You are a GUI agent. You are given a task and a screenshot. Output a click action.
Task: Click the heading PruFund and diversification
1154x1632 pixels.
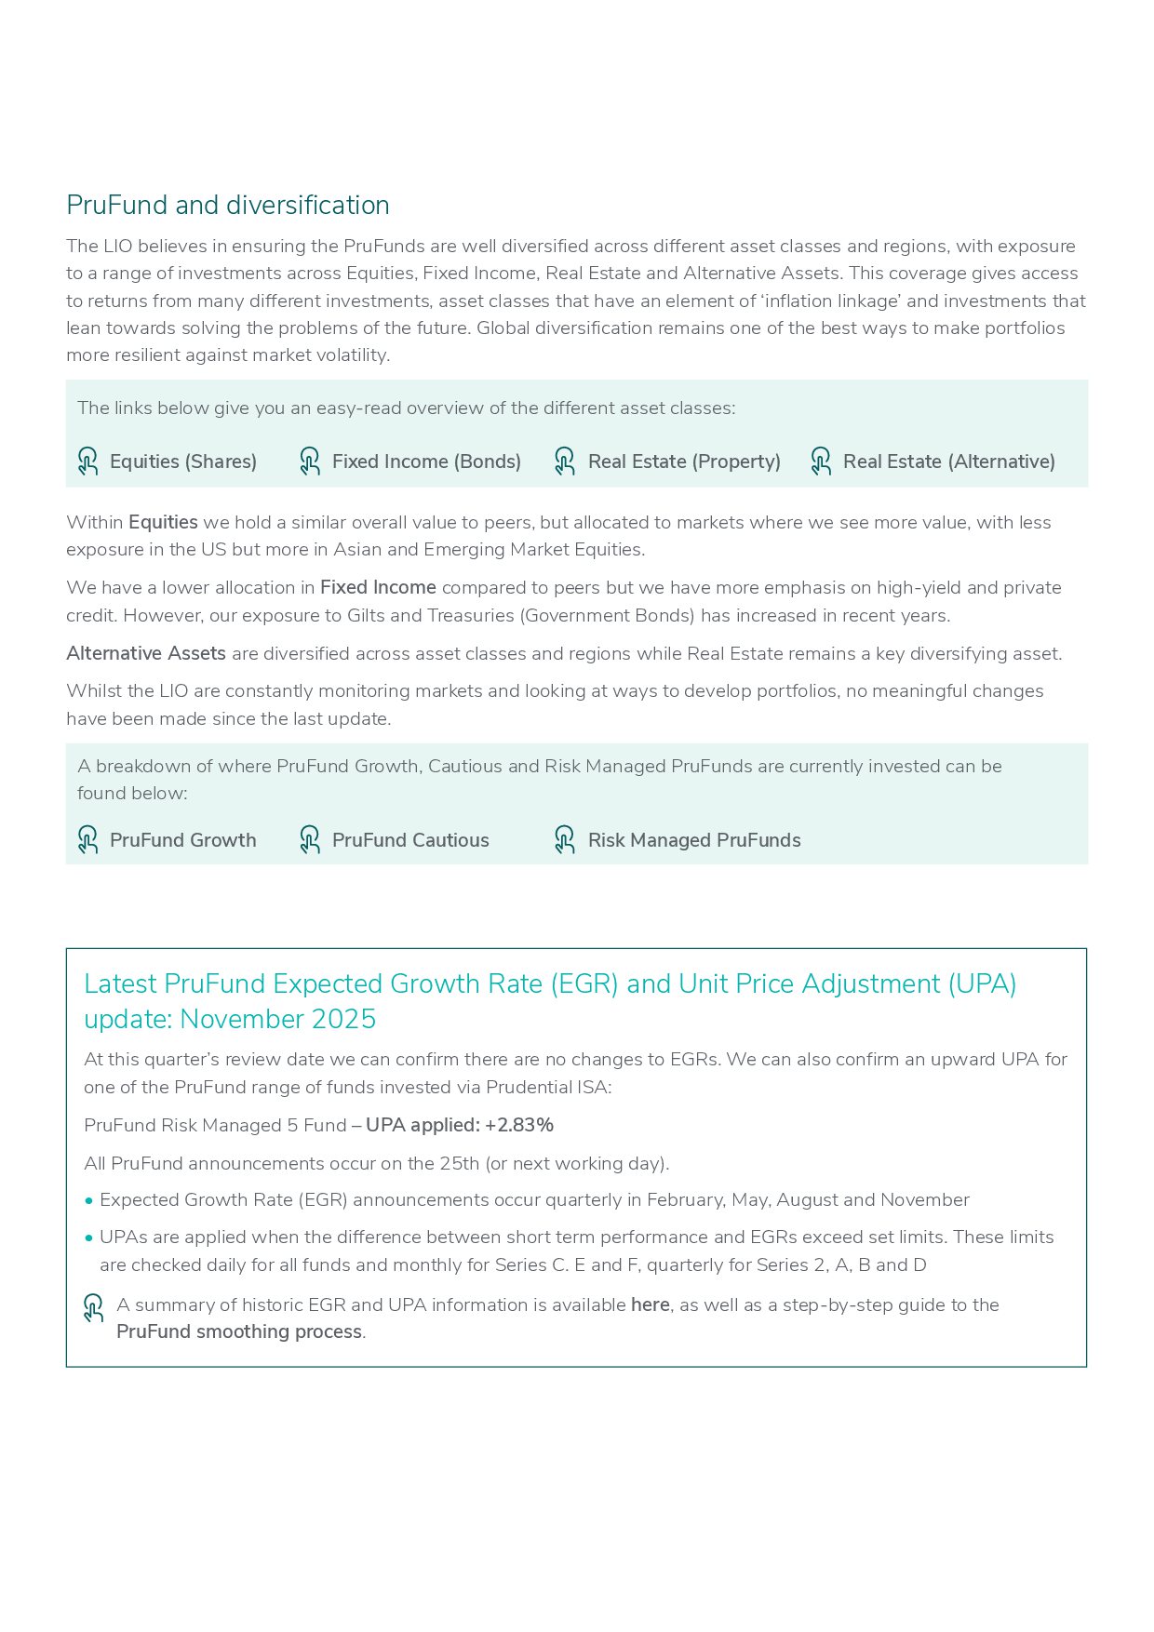click(228, 206)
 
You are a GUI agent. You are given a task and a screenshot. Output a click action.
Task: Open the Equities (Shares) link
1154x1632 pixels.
click(182, 462)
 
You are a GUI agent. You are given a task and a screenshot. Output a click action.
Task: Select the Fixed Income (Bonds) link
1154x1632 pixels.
click(426, 462)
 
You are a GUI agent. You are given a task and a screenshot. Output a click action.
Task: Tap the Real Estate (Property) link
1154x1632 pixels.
click(684, 462)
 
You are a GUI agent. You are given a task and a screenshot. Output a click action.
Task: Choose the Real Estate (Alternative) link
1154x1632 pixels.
click(948, 462)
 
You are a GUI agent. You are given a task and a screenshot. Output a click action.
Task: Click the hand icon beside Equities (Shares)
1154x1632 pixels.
click(88, 462)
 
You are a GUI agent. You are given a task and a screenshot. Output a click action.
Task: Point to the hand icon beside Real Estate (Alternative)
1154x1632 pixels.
click(821, 462)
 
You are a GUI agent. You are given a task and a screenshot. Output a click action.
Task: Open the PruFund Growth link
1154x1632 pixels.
click(182, 840)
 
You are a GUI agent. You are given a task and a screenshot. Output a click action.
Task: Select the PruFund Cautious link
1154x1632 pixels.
click(410, 840)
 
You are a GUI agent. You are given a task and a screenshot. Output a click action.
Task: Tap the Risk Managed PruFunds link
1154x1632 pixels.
click(694, 840)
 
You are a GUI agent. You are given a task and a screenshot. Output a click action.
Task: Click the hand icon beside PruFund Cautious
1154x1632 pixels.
click(310, 840)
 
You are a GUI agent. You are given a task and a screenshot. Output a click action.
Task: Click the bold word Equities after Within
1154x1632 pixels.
click(163, 522)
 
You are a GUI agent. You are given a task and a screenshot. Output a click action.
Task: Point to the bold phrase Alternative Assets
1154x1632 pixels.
click(146, 653)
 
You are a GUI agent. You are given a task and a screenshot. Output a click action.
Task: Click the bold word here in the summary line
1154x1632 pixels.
click(650, 1304)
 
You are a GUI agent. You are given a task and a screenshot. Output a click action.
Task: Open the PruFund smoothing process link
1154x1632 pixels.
click(239, 1331)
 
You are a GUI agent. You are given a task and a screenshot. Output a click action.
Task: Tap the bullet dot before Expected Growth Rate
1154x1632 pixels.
click(89, 1200)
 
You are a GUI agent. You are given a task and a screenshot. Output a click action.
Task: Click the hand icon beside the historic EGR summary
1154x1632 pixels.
click(94, 1308)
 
